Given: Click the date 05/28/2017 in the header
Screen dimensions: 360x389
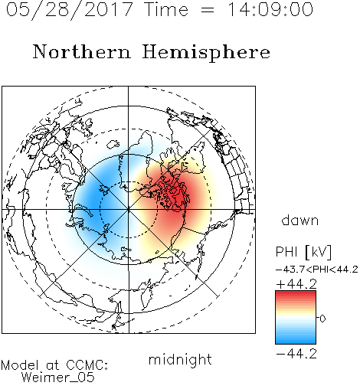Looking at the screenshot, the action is click(x=70, y=10).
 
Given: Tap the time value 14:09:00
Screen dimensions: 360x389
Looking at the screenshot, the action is click(x=270, y=9).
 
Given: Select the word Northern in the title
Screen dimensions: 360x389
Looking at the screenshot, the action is click(x=82, y=52).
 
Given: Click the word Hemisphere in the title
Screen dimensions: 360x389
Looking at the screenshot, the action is click(x=206, y=53).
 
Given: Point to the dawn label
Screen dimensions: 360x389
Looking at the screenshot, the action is click(x=300, y=221).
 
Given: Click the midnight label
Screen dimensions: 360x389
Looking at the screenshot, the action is click(x=180, y=359).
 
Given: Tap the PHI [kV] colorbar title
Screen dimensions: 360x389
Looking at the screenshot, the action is click(x=303, y=252).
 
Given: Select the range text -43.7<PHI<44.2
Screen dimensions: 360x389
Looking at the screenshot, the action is click(x=317, y=270).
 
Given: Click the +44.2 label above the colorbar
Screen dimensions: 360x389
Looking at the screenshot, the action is click(x=296, y=284).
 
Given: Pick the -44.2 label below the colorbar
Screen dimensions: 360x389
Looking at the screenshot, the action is click(x=296, y=354).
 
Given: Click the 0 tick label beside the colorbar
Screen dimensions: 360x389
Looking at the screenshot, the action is click(x=322, y=319).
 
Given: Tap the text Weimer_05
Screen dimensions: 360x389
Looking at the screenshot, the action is click(x=57, y=377).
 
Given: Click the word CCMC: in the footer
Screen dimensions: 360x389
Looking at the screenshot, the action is click(x=87, y=365).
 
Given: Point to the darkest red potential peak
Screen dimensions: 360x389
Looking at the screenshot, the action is click(x=179, y=197).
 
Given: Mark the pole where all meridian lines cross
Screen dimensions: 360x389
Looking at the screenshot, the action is click(x=129, y=210).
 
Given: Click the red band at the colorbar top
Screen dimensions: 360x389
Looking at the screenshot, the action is click(x=296, y=293).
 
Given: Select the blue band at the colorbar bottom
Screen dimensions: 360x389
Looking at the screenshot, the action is click(x=296, y=342).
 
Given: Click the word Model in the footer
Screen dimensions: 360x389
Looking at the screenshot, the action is click(x=20, y=365).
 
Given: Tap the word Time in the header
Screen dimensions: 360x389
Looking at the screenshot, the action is click(x=166, y=10).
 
